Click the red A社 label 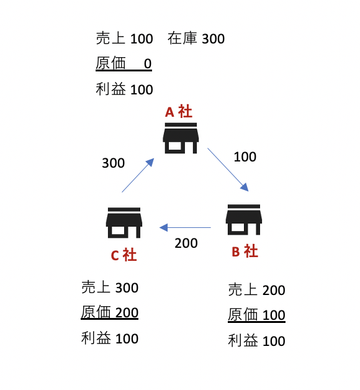point(179,111)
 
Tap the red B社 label point(245,251)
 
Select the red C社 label point(124,255)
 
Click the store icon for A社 point(181,138)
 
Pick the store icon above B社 point(244,220)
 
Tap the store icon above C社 point(124,222)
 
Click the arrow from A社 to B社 point(228,170)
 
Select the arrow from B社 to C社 point(185,227)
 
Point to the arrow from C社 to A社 point(138,175)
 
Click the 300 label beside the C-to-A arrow point(114,163)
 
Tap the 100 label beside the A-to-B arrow point(245,157)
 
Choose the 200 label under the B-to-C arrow point(186,243)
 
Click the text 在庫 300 point(196,39)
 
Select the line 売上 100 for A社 point(124,39)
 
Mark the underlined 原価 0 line point(124,63)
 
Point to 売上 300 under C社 point(110,288)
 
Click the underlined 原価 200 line point(110,312)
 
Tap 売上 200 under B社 point(256,290)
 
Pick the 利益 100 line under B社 point(256,340)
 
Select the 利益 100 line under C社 point(110,338)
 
